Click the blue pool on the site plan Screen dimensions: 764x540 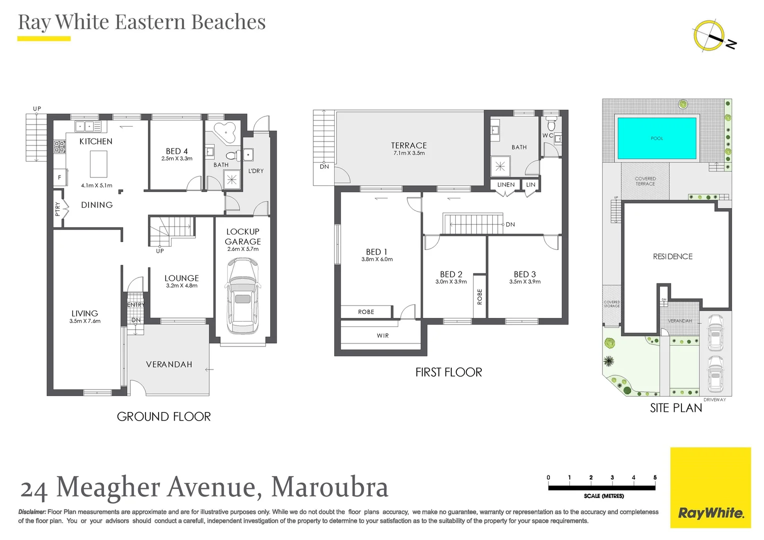[656, 138]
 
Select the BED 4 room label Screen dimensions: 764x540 [177, 151]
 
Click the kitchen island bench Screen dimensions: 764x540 [99, 163]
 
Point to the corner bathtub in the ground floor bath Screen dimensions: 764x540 [225, 132]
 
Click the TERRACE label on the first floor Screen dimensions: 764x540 [409, 145]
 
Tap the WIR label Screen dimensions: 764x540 [383, 336]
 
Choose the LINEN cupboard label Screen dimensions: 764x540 [506, 185]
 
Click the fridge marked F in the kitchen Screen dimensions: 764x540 [60, 177]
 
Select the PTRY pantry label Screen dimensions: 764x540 [58, 209]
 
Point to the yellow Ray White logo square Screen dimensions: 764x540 [710, 487]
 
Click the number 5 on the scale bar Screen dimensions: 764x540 [655, 477]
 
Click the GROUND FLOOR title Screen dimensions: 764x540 [164, 416]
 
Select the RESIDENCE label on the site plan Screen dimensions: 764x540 [672, 256]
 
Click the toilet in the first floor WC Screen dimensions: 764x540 [551, 123]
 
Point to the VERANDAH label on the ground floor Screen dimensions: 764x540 [169, 364]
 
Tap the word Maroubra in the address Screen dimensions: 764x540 [330, 487]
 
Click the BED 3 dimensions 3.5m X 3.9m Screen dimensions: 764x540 [525, 281]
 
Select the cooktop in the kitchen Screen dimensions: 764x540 [60, 147]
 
